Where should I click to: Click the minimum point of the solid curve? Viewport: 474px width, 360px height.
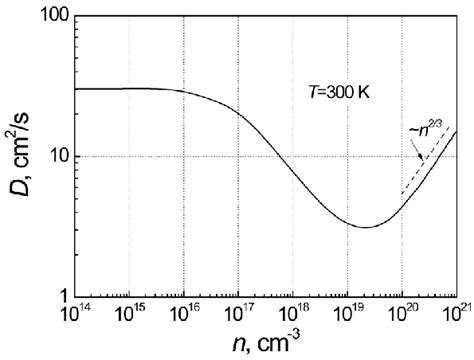coord(366,227)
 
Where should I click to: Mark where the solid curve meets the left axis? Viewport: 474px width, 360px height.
coord(76,89)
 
